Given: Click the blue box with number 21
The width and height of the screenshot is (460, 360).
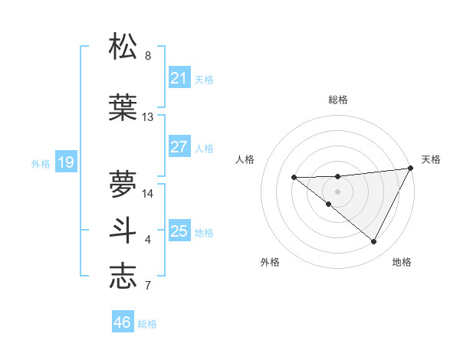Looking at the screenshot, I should (x=179, y=77).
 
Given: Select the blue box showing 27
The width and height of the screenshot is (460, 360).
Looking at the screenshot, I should (x=179, y=147).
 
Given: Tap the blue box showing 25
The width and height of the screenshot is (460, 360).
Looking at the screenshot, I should (x=179, y=231).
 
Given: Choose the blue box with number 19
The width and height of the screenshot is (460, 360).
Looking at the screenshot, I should (x=65, y=162).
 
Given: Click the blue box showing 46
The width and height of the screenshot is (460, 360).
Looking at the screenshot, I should (x=123, y=322).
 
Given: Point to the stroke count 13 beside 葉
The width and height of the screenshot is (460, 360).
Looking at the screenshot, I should (x=148, y=117).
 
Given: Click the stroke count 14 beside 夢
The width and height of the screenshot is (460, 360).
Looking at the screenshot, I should (x=148, y=193).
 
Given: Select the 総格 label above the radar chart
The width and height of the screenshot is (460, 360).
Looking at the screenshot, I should (x=337, y=100).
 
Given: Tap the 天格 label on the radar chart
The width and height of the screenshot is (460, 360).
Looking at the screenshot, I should (x=431, y=159).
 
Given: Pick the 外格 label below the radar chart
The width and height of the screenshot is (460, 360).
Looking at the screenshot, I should (x=270, y=262).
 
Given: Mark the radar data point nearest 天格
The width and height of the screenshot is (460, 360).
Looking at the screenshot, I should (x=411, y=168).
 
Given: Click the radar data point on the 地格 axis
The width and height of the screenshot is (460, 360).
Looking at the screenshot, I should (x=374, y=242).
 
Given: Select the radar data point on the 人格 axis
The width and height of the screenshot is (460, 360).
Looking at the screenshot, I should (x=294, y=178).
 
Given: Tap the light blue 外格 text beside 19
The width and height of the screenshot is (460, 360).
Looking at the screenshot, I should (x=41, y=163).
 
